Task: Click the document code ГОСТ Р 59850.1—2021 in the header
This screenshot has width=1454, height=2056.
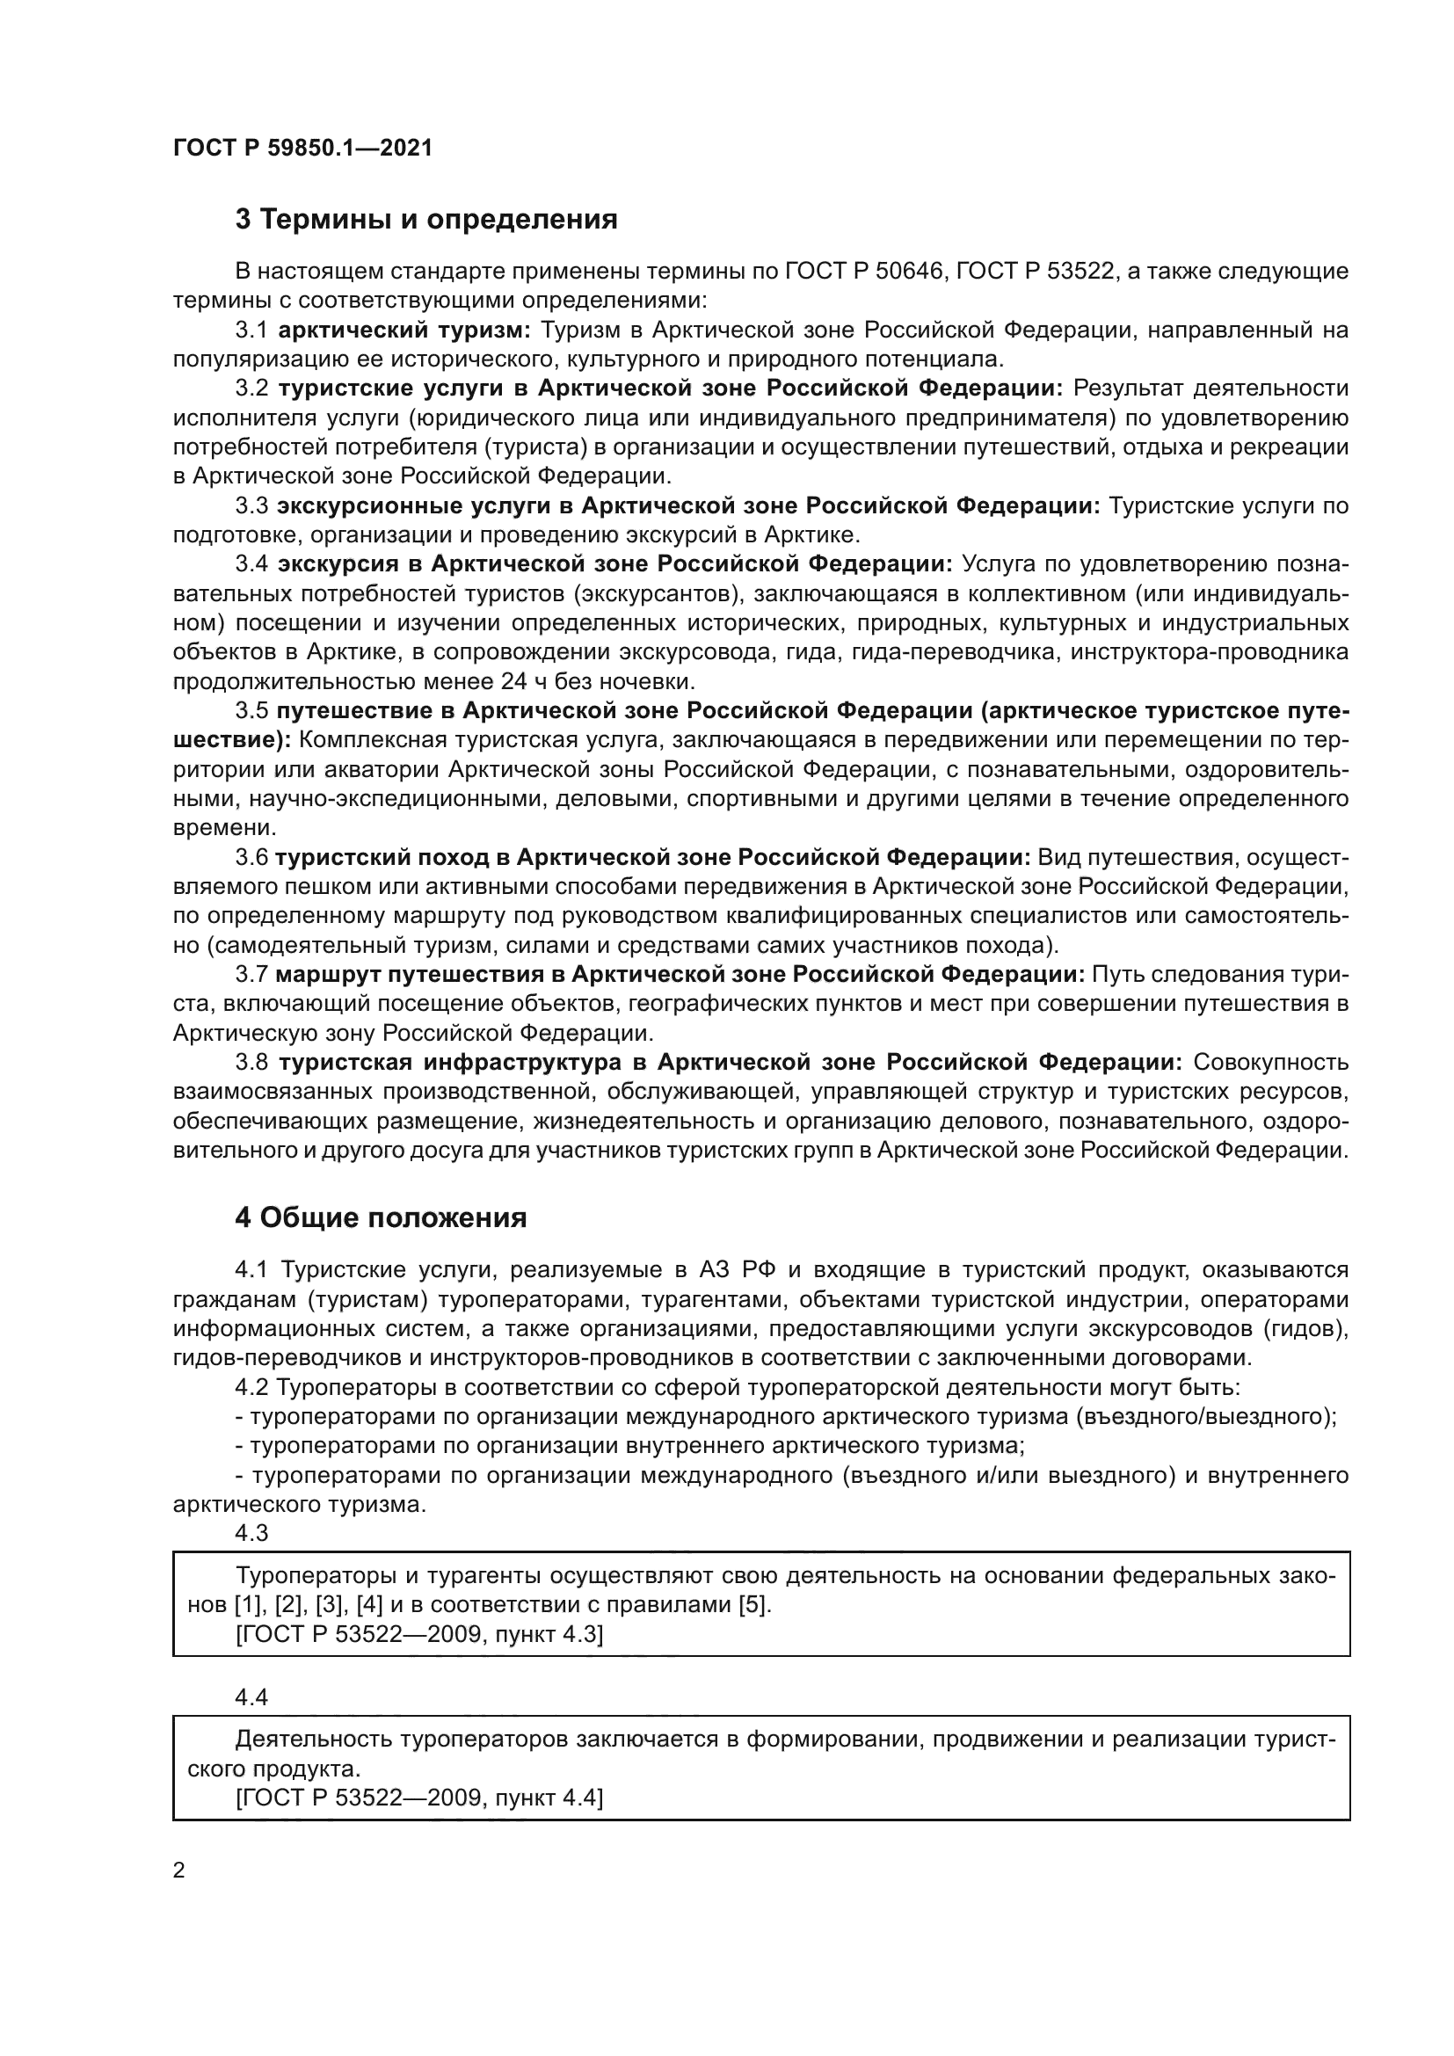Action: [x=302, y=149]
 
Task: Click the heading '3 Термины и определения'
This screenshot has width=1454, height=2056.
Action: [x=426, y=220]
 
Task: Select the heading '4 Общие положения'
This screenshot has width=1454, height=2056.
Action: [x=381, y=1217]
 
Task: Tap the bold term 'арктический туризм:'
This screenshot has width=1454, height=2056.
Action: [x=404, y=331]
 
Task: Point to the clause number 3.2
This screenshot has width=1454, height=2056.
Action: [x=251, y=389]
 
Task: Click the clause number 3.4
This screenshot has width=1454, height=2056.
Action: [x=251, y=564]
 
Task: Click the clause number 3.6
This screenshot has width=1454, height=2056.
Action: [x=251, y=857]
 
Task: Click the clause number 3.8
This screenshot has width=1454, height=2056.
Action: [x=251, y=1062]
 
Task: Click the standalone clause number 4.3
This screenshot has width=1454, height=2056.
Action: [x=251, y=1533]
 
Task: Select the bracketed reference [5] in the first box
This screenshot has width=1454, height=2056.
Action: [x=754, y=1605]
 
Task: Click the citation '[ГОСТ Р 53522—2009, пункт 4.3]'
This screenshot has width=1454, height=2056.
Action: [x=419, y=1634]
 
